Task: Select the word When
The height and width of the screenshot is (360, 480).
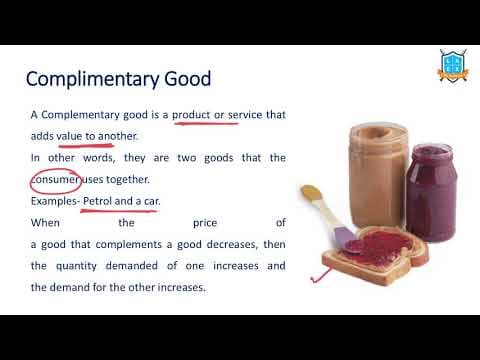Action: pyautogui.click(x=45, y=223)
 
